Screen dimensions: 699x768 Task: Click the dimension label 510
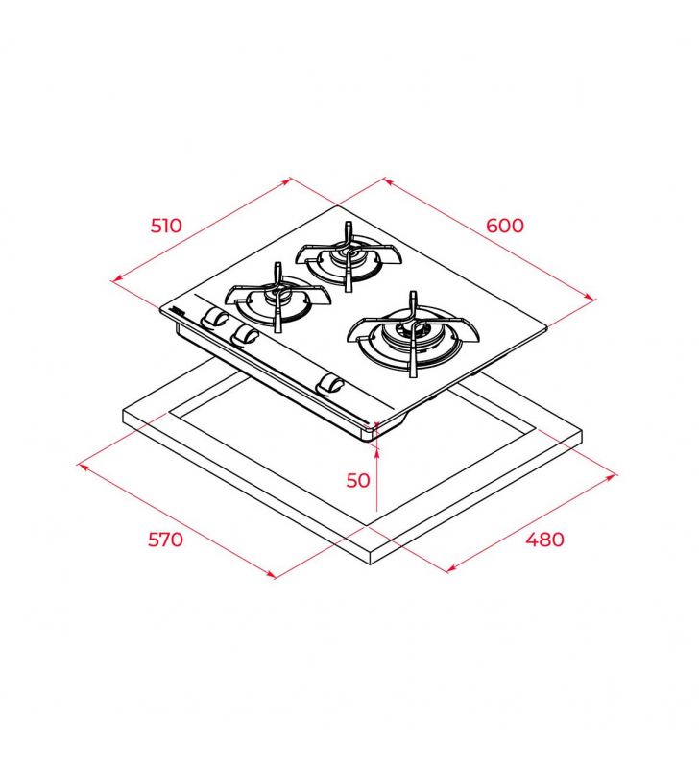[166, 226]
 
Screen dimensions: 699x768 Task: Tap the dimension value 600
[505, 226]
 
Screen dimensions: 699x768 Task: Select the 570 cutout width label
[165, 540]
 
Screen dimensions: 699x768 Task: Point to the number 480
[544, 540]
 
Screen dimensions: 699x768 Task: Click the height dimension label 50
[358, 481]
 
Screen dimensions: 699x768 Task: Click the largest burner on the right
[413, 336]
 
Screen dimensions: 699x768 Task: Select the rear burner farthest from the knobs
[349, 256]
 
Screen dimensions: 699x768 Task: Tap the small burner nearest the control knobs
[277, 297]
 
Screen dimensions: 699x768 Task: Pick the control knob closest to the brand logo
[213, 317]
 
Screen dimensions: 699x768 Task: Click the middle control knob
[245, 335]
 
